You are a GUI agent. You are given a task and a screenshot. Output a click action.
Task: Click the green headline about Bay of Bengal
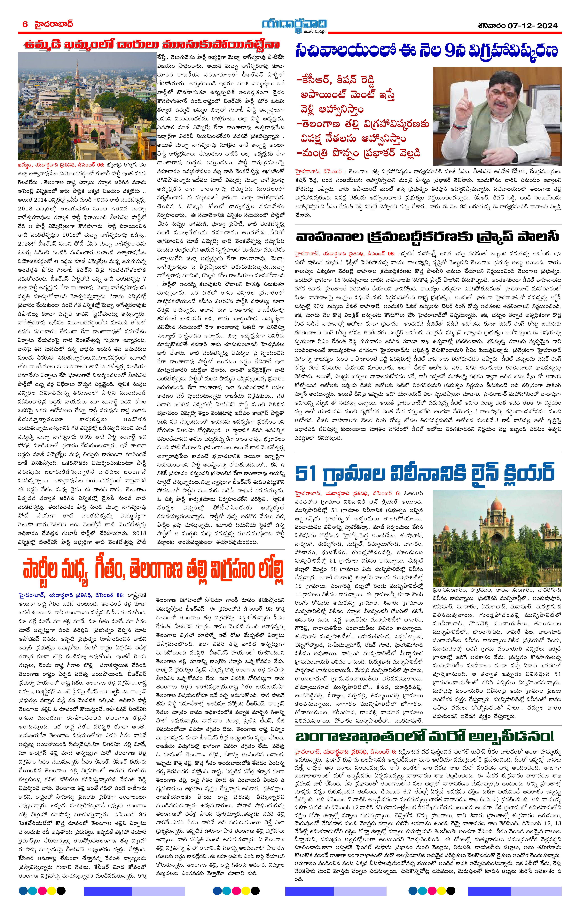coord(424,737)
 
